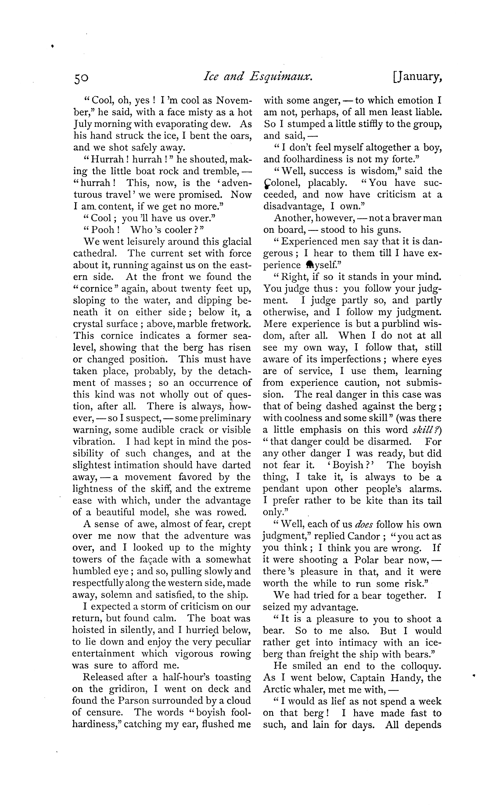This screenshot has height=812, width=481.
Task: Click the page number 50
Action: pos(81,78)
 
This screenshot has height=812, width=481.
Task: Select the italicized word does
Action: pos(364,525)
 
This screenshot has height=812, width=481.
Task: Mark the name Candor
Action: pos(363,536)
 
